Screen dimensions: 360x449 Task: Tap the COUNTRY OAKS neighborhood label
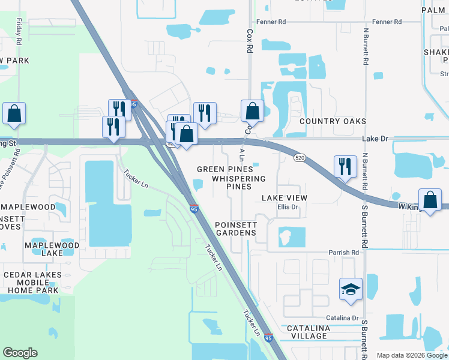(x=333, y=121)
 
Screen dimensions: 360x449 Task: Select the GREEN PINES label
(x=225, y=169)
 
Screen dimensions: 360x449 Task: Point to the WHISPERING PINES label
(x=238, y=182)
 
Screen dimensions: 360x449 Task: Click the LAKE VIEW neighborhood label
(x=284, y=198)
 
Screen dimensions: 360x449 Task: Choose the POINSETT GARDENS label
(x=236, y=229)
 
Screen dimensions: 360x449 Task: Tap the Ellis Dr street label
(x=288, y=208)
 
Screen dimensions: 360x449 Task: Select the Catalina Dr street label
(x=342, y=318)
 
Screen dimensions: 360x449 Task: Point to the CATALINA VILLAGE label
(x=308, y=332)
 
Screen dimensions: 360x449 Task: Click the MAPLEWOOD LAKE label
(x=52, y=250)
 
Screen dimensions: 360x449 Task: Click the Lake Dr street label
(x=375, y=139)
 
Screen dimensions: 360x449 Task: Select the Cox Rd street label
(x=249, y=41)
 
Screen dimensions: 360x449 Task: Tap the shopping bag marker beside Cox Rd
(x=253, y=111)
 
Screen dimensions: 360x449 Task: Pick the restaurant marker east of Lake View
(x=345, y=166)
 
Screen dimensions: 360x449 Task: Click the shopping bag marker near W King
(x=430, y=200)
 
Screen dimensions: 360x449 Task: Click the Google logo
(x=20, y=353)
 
